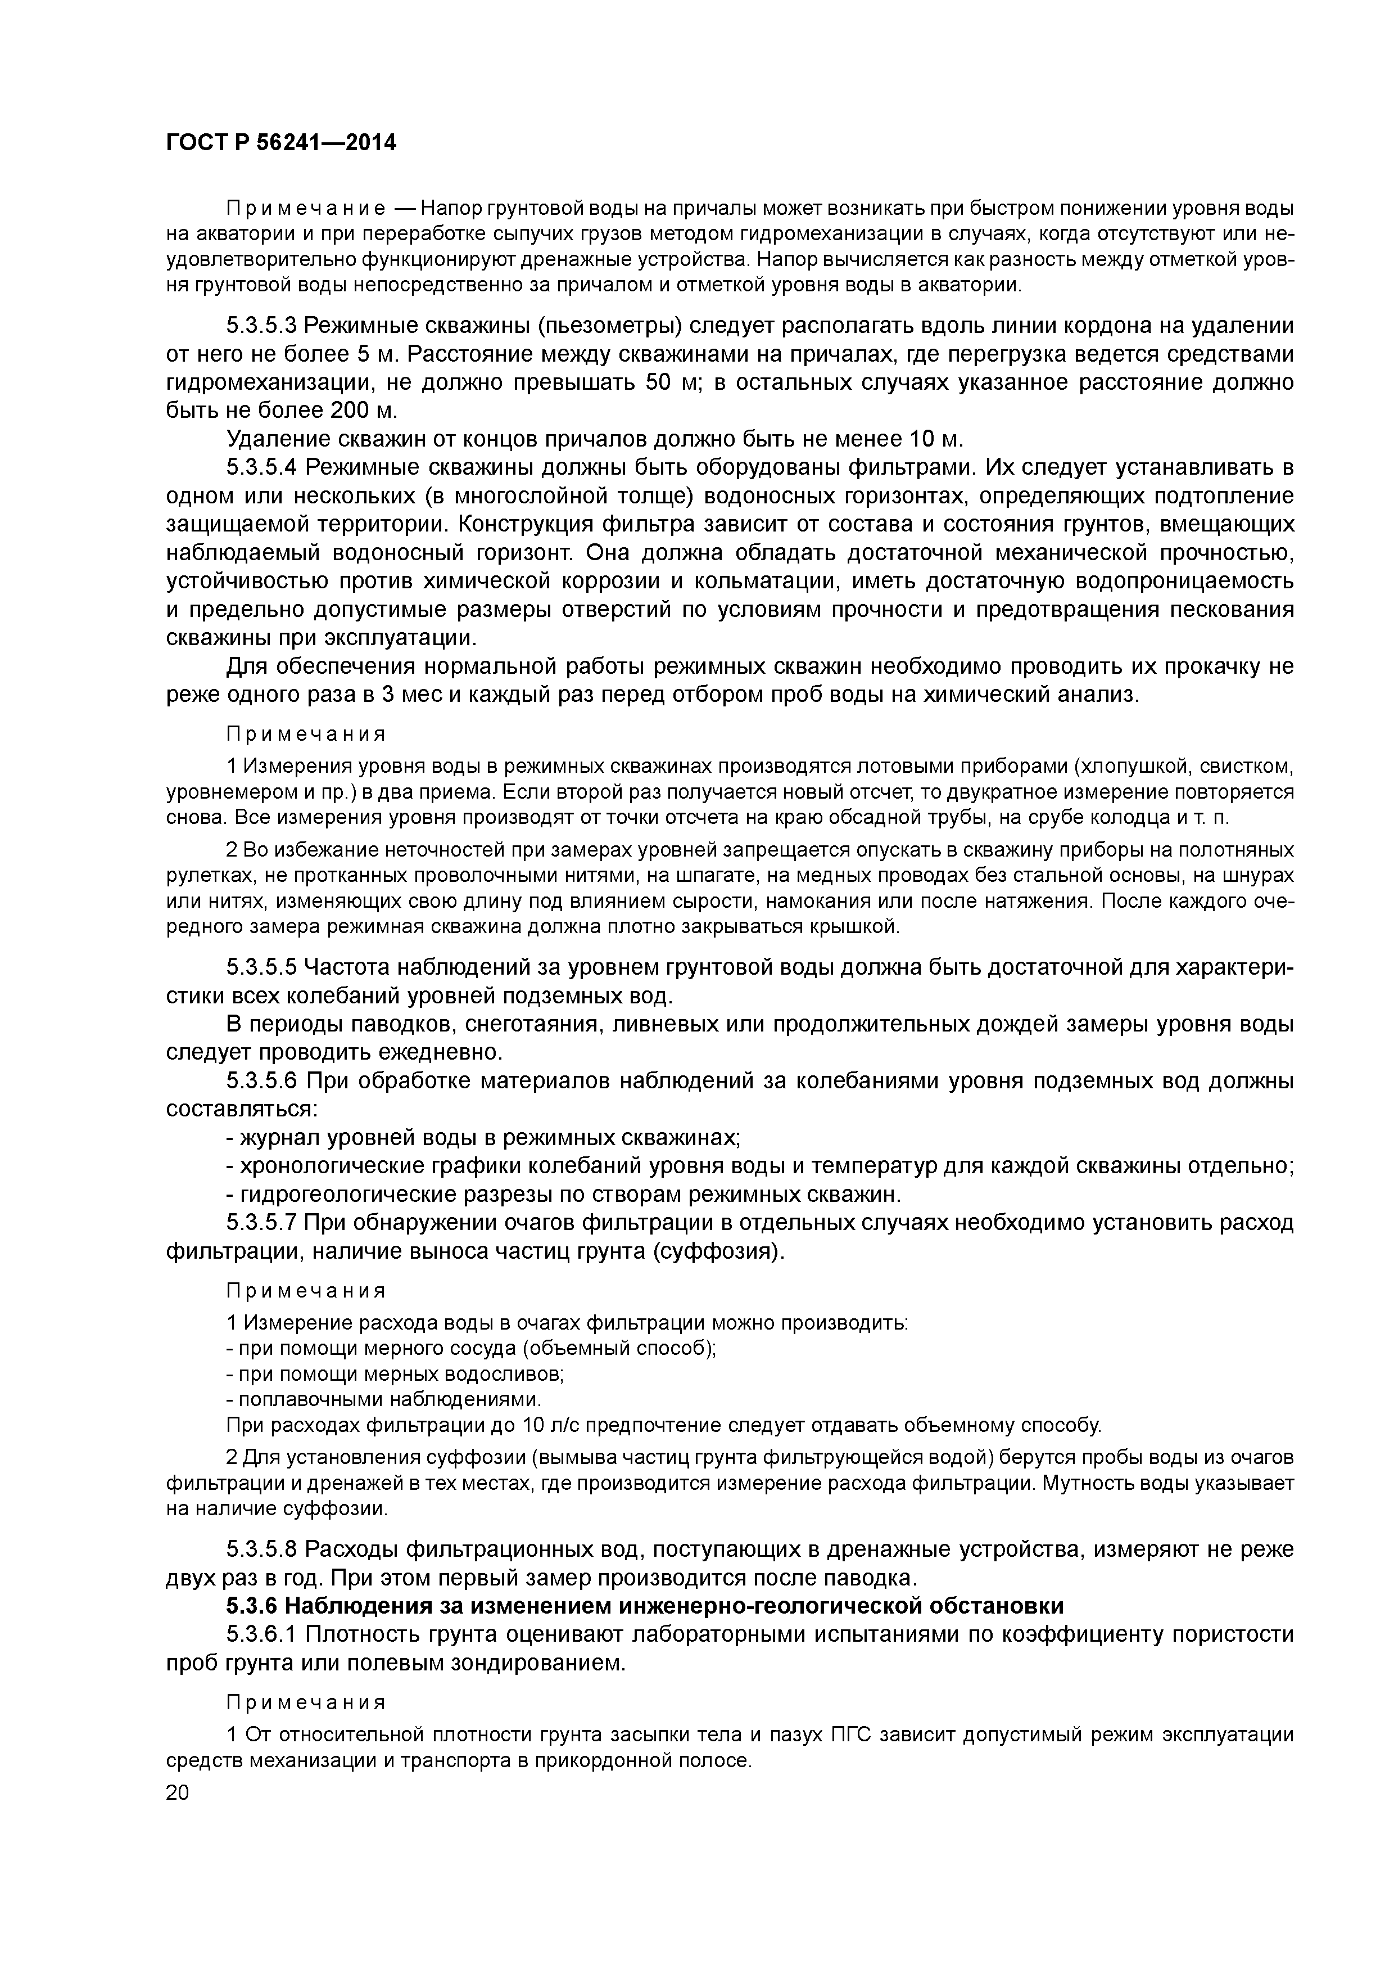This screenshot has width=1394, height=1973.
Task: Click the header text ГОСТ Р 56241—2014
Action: click(x=281, y=143)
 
